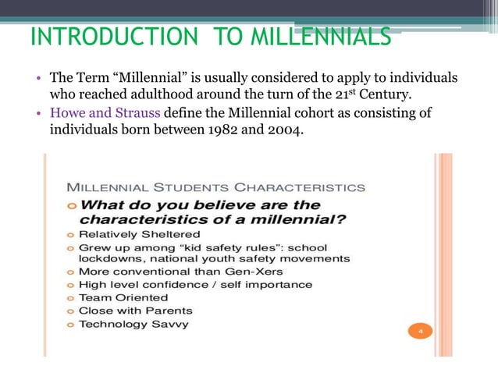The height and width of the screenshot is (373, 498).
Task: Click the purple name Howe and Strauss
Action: coord(105,112)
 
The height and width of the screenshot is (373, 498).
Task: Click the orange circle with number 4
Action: coord(420,332)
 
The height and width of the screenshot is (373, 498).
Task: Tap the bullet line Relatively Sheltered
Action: coord(139,233)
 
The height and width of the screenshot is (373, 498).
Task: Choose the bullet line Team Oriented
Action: coord(123,297)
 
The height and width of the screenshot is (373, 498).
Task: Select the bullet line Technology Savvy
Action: coord(133,324)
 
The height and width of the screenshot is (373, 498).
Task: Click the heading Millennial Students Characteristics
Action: coord(215,187)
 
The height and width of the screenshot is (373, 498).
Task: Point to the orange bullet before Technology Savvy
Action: coord(70,324)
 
